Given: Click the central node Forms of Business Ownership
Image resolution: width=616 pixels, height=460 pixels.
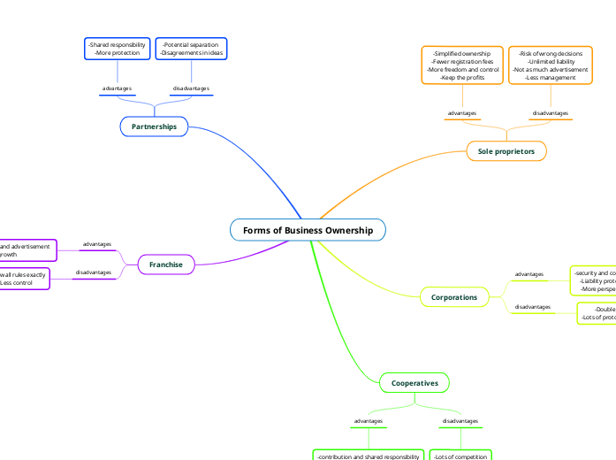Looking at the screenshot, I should click(x=308, y=231).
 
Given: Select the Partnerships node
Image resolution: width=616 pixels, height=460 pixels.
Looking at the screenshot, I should click(x=154, y=127).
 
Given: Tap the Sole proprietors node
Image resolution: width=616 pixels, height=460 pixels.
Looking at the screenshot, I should click(x=506, y=151).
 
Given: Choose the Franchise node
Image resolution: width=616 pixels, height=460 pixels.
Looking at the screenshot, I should click(x=166, y=264).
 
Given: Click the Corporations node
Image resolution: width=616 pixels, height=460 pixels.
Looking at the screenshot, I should click(x=454, y=297).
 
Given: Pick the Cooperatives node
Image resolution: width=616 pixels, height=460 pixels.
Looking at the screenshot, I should click(x=414, y=383).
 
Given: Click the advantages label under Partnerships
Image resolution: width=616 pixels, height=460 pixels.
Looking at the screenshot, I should click(x=117, y=89).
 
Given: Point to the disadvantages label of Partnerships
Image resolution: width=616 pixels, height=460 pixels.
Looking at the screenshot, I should click(x=191, y=89).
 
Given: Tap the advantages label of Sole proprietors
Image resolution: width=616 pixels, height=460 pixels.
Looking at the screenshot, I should click(x=462, y=113).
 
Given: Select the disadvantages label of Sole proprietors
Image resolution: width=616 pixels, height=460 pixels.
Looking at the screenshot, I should click(x=551, y=113).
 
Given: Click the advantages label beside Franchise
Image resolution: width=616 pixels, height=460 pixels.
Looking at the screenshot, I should click(x=97, y=244).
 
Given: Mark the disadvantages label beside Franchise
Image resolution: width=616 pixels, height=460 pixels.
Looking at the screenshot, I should click(x=94, y=272).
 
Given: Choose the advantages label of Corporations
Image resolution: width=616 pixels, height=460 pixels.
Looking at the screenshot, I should click(x=529, y=274).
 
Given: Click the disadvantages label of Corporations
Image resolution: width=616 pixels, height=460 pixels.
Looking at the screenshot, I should click(x=533, y=307).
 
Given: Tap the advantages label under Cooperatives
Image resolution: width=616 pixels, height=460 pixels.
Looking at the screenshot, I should click(x=369, y=421).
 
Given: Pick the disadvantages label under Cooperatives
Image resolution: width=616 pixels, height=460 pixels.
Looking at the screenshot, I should click(x=460, y=421).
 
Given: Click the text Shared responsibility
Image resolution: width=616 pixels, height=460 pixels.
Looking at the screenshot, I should click(x=118, y=44).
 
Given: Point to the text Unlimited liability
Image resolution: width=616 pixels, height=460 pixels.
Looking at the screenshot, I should click(x=551, y=61).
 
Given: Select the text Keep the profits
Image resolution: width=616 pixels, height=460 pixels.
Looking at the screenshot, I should click(x=462, y=77).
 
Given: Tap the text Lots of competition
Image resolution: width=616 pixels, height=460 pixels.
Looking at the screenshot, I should click(x=460, y=456).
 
